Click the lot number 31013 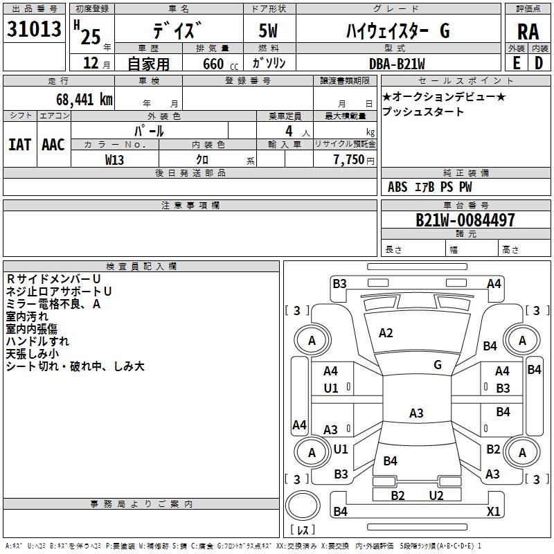[34, 28]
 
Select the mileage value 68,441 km [84, 100]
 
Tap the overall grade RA [528, 32]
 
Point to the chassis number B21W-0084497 [465, 220]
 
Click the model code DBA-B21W [397, 64]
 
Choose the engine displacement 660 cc [220, 64]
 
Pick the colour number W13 [114, 160]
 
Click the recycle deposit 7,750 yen [354, 160]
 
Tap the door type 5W [268, 30]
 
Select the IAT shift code [19, 145]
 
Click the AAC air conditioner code [53, 145]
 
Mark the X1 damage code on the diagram [493, 511]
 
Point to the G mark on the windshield [438, 364]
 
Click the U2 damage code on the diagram [436, 495]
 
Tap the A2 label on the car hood [386, 333]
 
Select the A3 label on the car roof [416, 413]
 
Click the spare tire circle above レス [303, 506]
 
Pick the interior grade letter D [539, 63]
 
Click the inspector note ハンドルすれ [37, 341]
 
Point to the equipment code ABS [397, 187]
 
